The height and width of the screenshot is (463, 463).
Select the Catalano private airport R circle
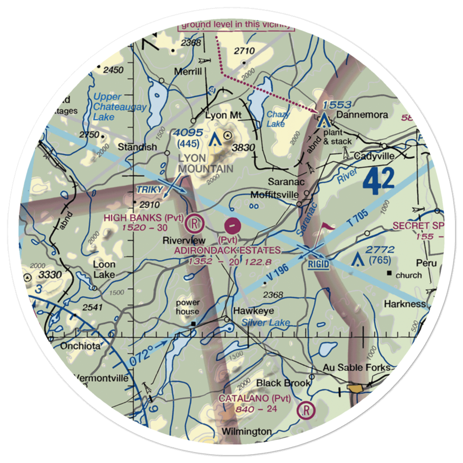[306, 410]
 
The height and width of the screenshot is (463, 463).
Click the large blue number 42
[378, 181]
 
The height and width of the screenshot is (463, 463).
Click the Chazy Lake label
[278, 119]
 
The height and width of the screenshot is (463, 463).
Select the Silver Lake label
[266, 323]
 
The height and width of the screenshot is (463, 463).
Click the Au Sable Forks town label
[357, 368]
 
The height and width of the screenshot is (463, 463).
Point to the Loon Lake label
[104, 269]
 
